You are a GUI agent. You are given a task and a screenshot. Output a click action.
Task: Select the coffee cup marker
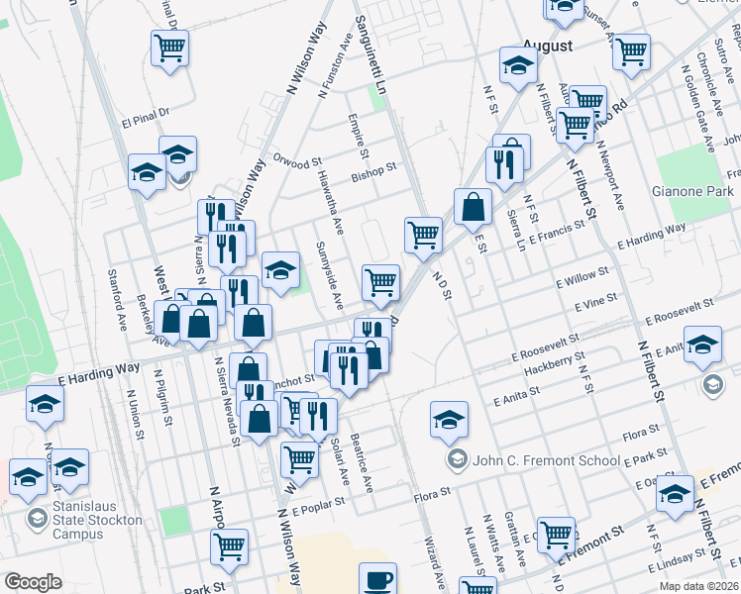point(376,580)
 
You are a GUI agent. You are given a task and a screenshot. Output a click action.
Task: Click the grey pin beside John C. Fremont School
point(457,458)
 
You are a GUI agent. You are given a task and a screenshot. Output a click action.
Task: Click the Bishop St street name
point(373,176)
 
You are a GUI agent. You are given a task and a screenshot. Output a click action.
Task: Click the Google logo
point(33,583)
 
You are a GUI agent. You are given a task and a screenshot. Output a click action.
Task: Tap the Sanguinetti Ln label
point(362,28)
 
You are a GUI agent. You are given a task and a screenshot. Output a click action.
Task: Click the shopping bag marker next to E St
point(474,207)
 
